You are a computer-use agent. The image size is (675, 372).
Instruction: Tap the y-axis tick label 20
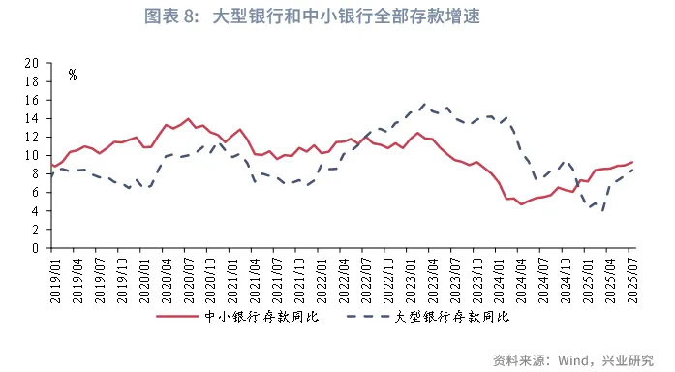(x=31, y=63)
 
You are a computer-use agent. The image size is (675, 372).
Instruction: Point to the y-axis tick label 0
(x=35, y=248)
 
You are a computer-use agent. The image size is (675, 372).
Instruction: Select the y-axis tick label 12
(x=31, y=137)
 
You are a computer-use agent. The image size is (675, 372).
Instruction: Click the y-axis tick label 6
(x=35, y=193)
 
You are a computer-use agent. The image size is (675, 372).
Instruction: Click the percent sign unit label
(x=73, y=75)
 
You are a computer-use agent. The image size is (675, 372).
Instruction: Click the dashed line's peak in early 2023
(x=425, y=103)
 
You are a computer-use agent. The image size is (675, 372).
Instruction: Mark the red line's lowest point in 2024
(x=521, y=204)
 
